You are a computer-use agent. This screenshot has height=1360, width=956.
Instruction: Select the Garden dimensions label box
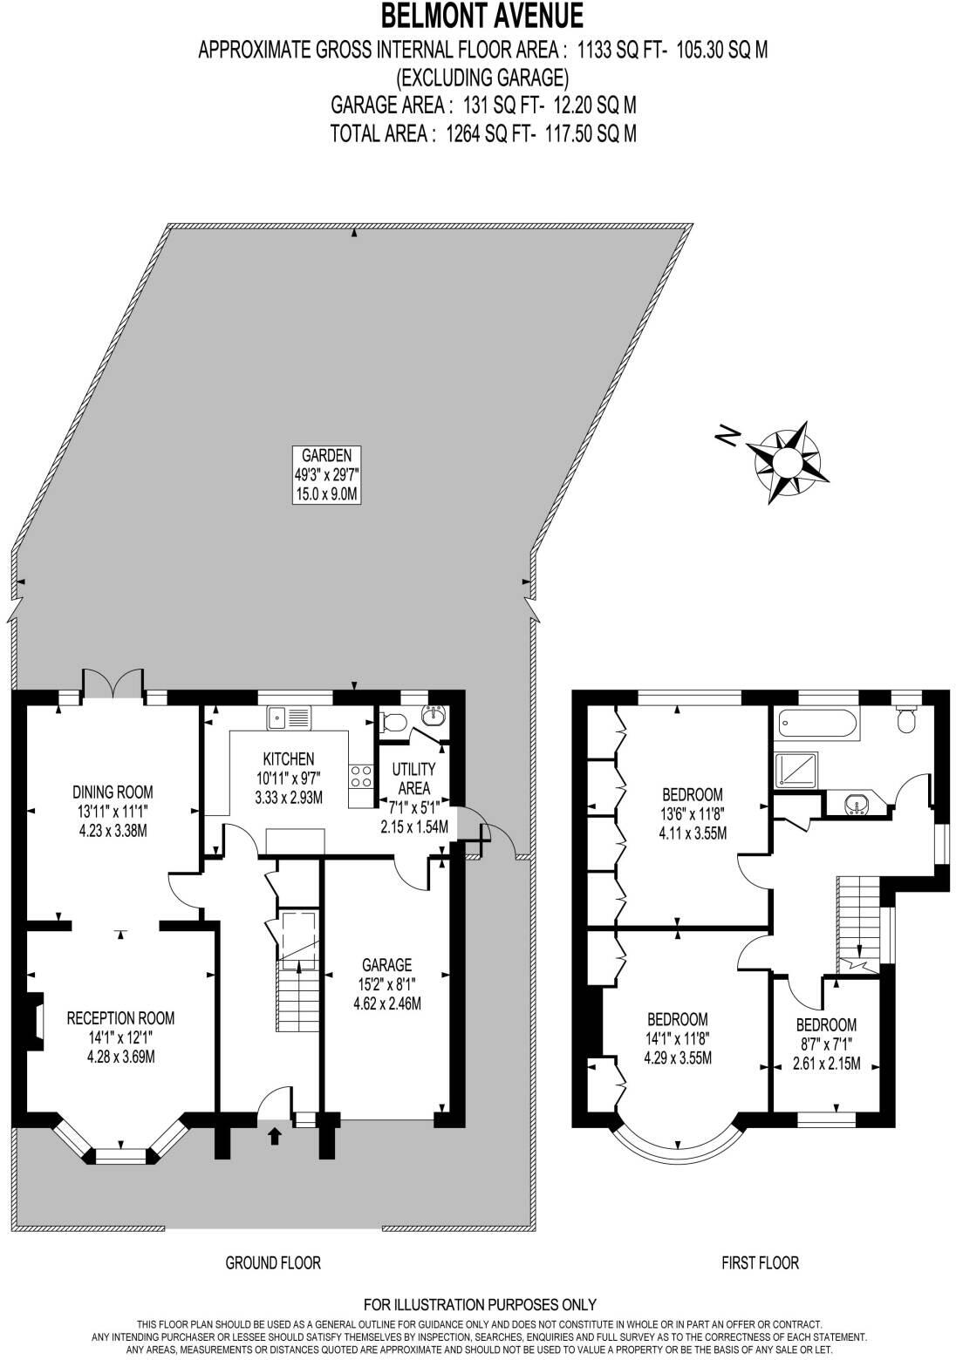click(326, 474)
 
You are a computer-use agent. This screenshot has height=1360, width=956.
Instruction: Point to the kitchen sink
click(289, 717)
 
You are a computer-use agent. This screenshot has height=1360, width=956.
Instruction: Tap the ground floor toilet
click(393, 721)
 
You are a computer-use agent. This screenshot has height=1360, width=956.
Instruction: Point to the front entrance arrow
click(276, 1135)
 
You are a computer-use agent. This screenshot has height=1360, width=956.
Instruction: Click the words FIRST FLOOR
click(760, 1262)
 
